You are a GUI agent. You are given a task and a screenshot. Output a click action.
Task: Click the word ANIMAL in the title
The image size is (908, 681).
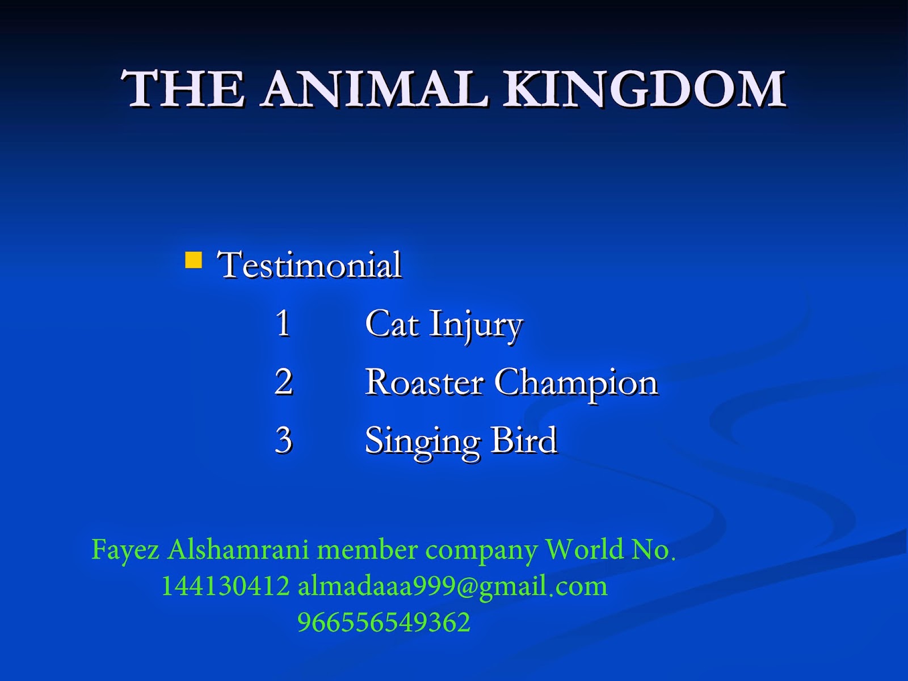tap(374, 89)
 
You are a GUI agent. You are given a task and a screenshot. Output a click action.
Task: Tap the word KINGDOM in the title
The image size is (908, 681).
tap(644, 89)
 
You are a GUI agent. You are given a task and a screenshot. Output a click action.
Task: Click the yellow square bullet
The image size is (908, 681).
tap(194, 260)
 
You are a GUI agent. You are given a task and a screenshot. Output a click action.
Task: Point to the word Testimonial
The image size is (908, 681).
tap(309, 265)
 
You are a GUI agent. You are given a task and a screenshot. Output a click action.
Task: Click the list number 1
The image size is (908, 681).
tap(283, 323)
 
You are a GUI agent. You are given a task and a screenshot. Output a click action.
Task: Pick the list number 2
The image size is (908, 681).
tap(284, 381)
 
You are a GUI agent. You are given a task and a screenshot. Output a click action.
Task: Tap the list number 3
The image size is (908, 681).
tap(284, 440)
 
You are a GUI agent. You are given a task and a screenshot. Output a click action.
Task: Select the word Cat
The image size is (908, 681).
tap(392, 323)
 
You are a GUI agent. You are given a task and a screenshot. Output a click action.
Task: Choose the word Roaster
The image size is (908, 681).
tap(424, 382)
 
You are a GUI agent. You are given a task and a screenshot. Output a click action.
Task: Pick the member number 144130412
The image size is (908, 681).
tap(225, 586)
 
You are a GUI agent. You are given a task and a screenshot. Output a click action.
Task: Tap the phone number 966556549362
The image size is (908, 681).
tap(384, 623)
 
